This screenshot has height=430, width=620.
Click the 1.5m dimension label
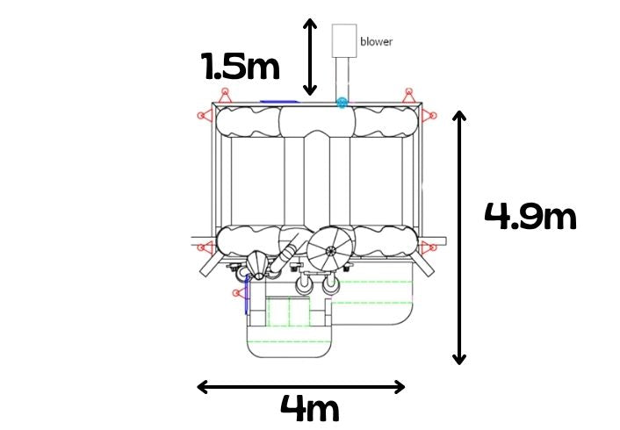click(x=241, y=66)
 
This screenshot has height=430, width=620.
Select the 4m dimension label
click(x=310, y=408)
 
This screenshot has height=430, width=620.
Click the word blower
click(x=376, y=41)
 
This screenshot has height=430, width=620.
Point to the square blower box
click(x=344, y=40)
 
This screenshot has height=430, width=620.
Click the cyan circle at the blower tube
click(x=342, y=104)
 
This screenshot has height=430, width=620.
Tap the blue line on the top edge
click(x=279, y=102)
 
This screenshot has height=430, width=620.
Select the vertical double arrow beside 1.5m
click(x=310, y=57)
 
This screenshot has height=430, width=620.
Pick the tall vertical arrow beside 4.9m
click(x=459, y=238)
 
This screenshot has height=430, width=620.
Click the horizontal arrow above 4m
click(x=301, y=387)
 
